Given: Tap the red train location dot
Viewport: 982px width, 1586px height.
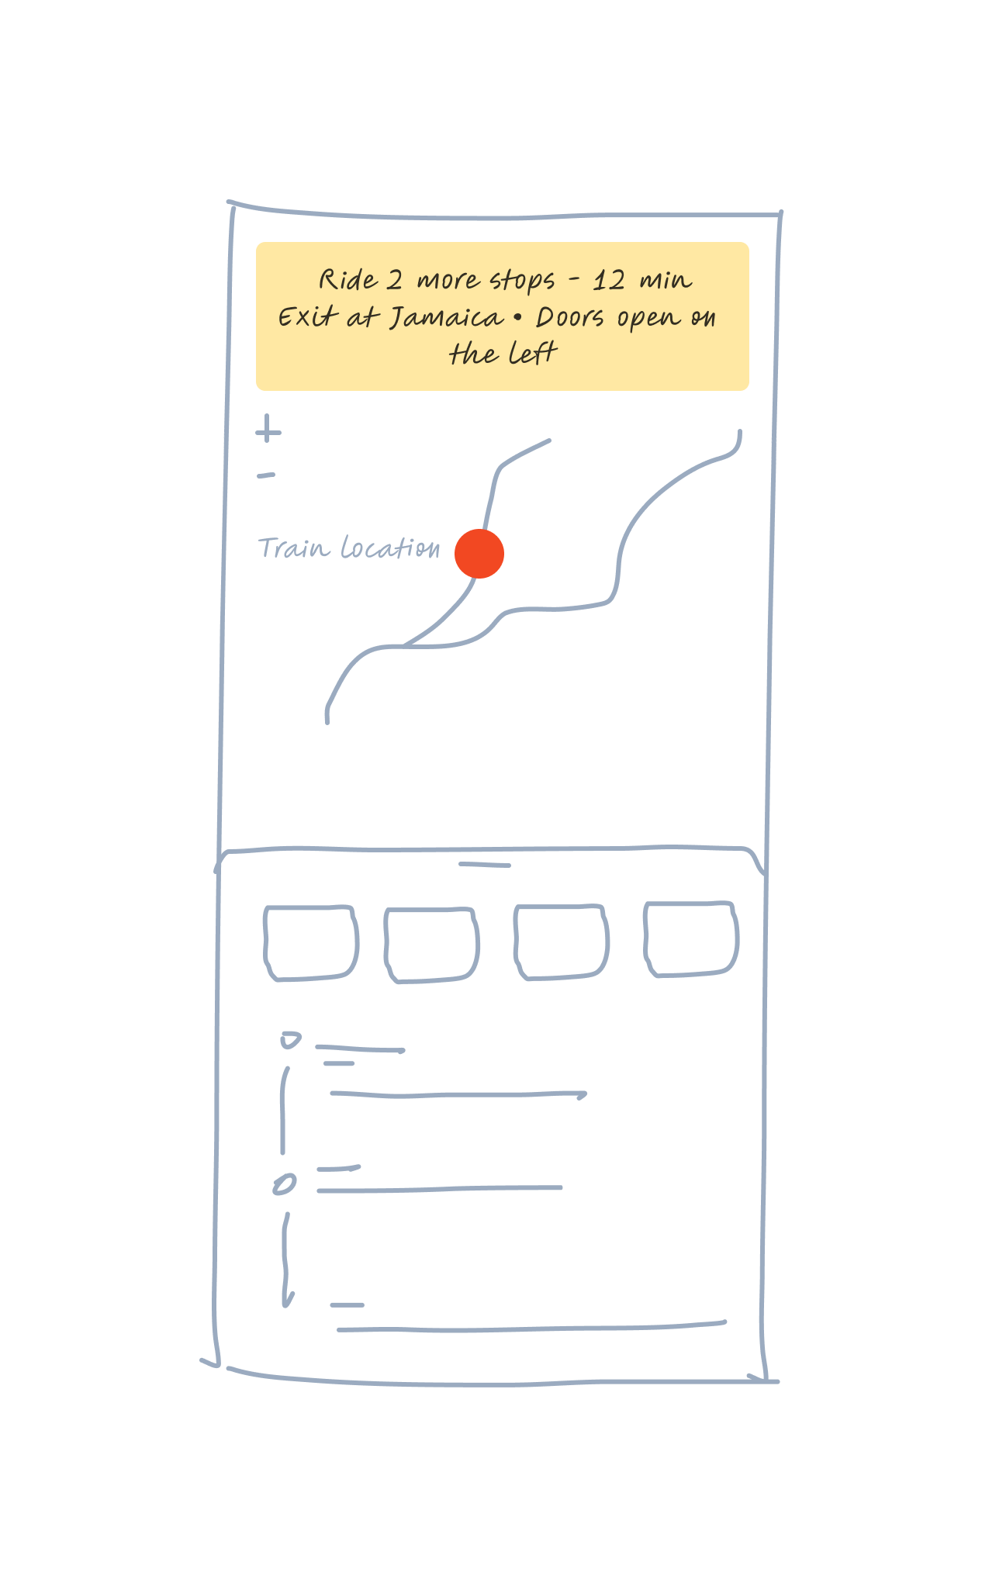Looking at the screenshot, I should click(479, 554).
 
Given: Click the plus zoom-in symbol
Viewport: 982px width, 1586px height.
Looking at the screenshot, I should click(268, 429).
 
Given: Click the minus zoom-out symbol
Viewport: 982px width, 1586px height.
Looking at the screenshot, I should click(266, 475).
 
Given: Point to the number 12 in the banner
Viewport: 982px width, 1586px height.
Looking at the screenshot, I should click(609, 280).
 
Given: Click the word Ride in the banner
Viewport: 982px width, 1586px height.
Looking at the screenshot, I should click(348, 280).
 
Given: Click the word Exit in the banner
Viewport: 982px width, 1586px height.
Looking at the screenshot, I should click(308, 317).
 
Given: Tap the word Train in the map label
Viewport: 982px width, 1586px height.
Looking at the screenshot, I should click(293, 548).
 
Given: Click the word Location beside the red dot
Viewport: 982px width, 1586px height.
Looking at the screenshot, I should click(391, 548).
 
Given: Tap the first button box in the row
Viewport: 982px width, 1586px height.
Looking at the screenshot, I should click(311, 943).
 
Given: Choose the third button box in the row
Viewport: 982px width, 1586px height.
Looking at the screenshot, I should click(561, 942).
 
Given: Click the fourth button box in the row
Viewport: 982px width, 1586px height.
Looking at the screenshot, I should click(690, 938).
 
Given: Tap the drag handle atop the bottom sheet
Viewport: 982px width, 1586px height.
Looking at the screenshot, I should click(485, 864).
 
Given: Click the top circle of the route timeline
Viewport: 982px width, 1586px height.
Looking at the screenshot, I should click(291, 1040).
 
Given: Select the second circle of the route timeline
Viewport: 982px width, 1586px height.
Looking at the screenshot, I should click(285, 1184).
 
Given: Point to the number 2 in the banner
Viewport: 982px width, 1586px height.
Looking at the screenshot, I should click(395, 280).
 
